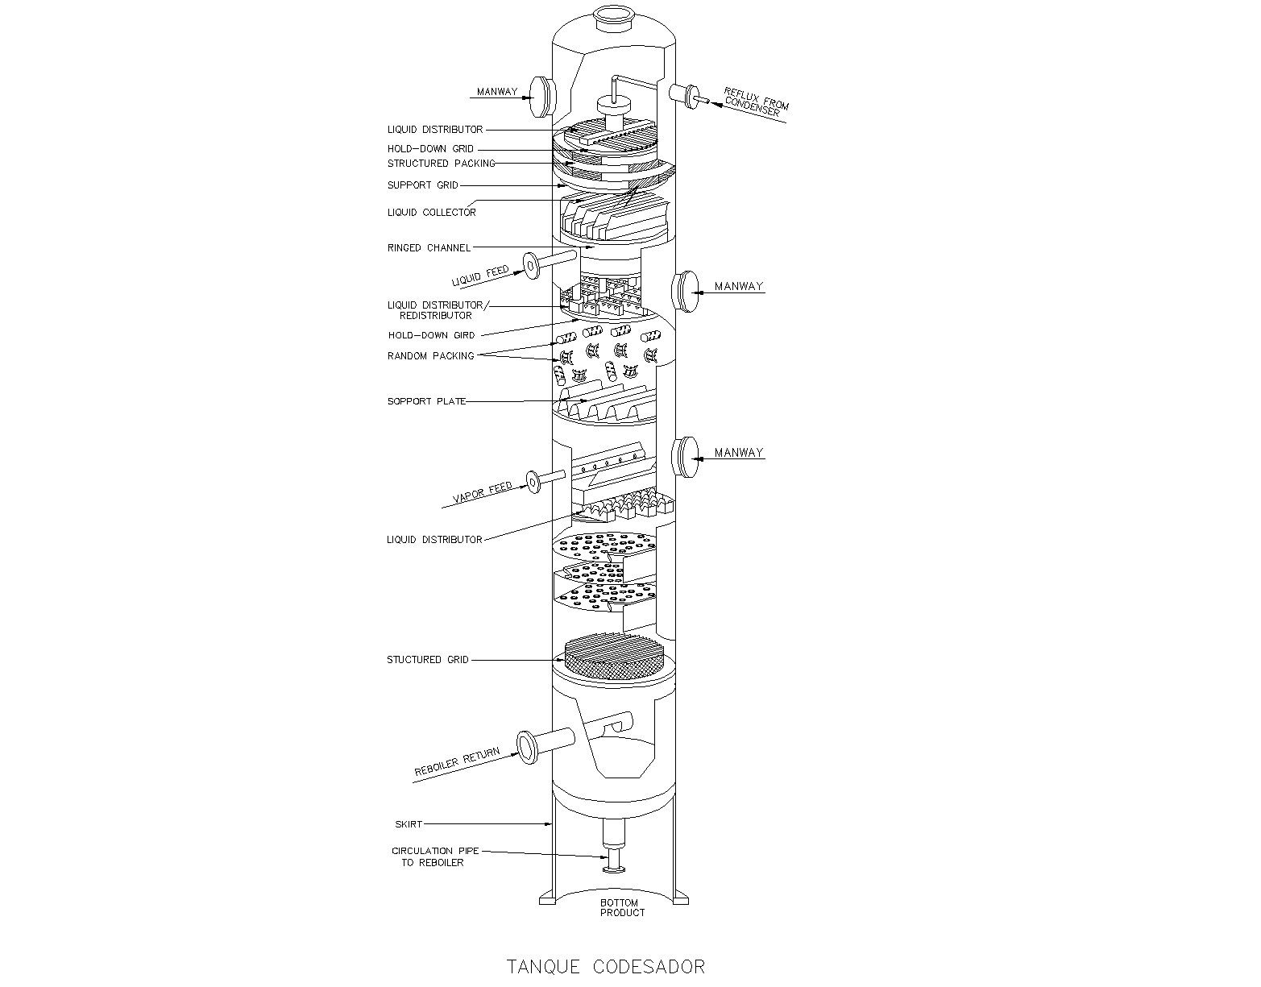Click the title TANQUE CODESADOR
[606, 966]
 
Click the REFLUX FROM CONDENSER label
[755, 102]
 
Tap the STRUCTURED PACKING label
[441, 164]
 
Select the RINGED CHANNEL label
[429, 247]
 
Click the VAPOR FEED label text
[483, 491]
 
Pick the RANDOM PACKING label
[430, 355]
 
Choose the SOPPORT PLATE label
[426, 401]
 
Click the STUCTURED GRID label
[427, 660]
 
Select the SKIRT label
[408, 824]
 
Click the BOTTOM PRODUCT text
[622, 907]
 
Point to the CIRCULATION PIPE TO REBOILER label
[433, 856]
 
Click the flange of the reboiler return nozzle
[527, 746]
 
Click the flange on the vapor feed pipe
[533, 481]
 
